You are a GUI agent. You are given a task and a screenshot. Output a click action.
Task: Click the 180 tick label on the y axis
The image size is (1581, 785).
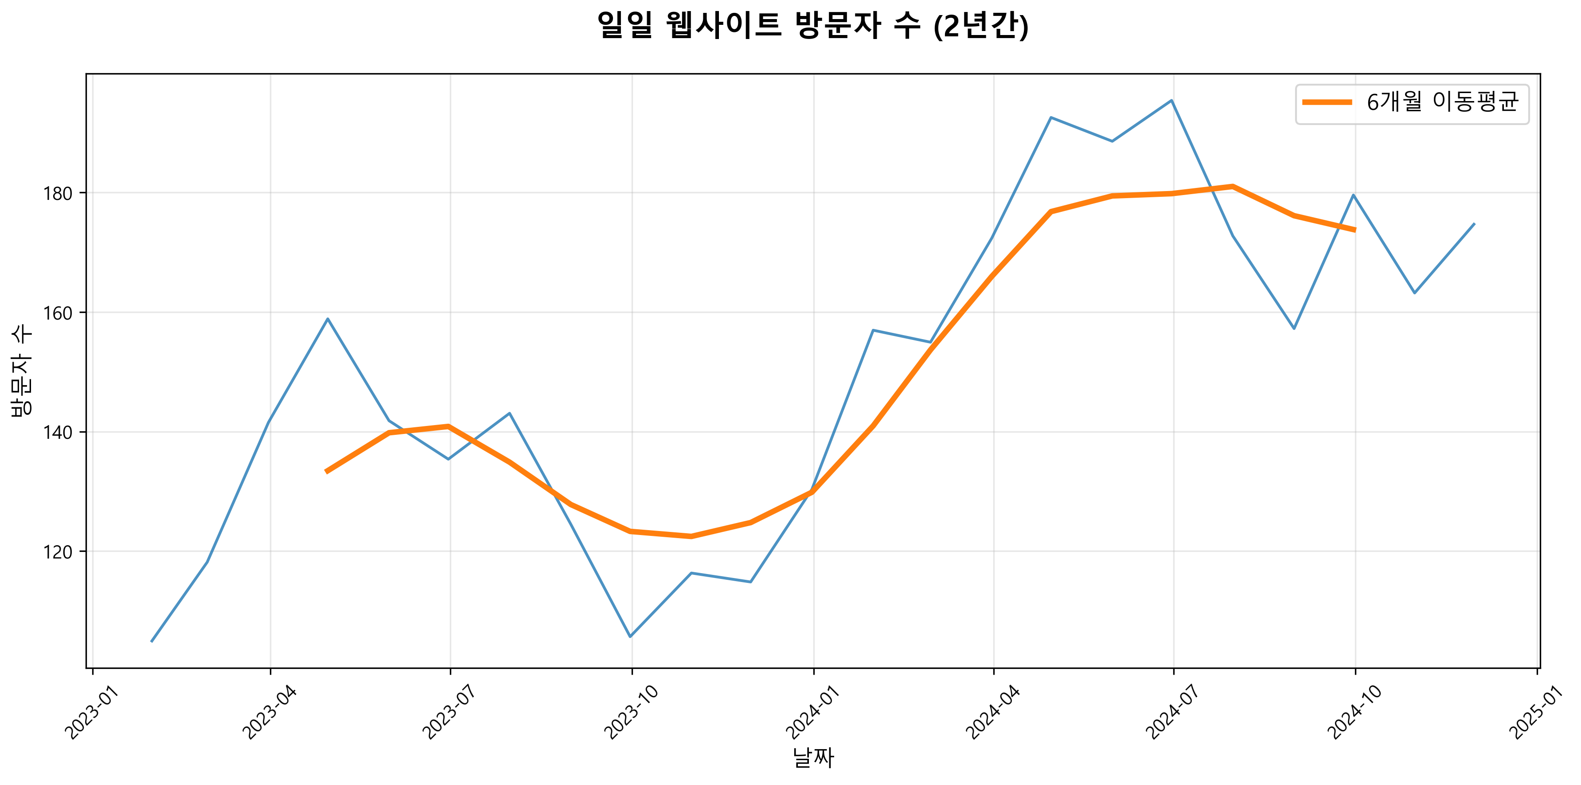pyautogui.click(x=57, y=193)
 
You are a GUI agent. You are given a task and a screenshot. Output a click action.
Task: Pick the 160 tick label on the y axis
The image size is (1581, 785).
pyautogui.click(x=57, y=313)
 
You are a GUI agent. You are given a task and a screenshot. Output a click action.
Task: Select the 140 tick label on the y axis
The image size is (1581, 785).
pyautogui.click(x=57, y=433)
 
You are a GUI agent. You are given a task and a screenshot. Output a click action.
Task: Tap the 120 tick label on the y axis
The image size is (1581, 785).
pyautogui.click(x=57, y=552)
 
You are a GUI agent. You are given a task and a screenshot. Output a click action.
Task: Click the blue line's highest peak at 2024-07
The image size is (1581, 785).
pyautogui.click(x=1171, y=100)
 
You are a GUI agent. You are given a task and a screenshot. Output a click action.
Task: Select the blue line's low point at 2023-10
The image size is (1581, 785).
pyautogui.click(x=630, y=637)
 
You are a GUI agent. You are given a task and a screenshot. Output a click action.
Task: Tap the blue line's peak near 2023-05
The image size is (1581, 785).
pyautogui.click(x=328, y=319)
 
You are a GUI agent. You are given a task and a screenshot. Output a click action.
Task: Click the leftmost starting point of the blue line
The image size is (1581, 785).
pyautogui.click(x=152, y=641)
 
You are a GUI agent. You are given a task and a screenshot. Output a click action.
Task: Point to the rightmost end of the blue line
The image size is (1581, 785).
pyautogui.click(x=1474, y=224)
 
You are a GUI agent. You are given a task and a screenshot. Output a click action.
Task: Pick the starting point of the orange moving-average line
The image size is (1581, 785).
pyautogui.click(x=327, y=471)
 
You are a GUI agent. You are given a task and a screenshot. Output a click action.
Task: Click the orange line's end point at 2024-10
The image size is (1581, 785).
pyautogui.click(x=1355, y=230)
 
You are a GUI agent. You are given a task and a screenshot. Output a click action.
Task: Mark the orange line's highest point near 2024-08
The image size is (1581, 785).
pyautogui.click(x=1232, y=186)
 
